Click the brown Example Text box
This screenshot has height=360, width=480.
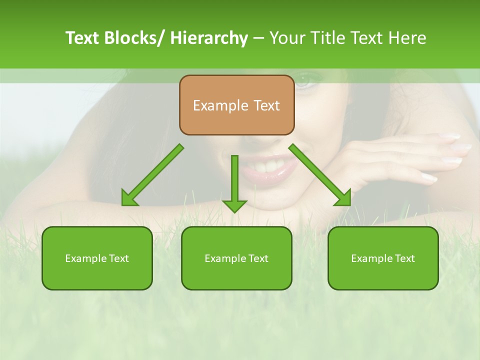click(x=236, y=105)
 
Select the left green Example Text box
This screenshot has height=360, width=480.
click(x=97, y=258)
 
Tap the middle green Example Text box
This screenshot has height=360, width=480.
click(x=236, y=258)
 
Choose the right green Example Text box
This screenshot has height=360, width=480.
click(x=383, y=258)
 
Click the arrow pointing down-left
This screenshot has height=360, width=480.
click(x=152, y=175)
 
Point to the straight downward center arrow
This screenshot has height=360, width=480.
click(x=234, y=183)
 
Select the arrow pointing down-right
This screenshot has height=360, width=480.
click(x=320, y=175)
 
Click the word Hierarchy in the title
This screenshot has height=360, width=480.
click(x=209, y=38)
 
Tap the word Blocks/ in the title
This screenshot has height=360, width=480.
click(x=135, y=38)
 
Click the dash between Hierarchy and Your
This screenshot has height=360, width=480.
click(x=258, y=38)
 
